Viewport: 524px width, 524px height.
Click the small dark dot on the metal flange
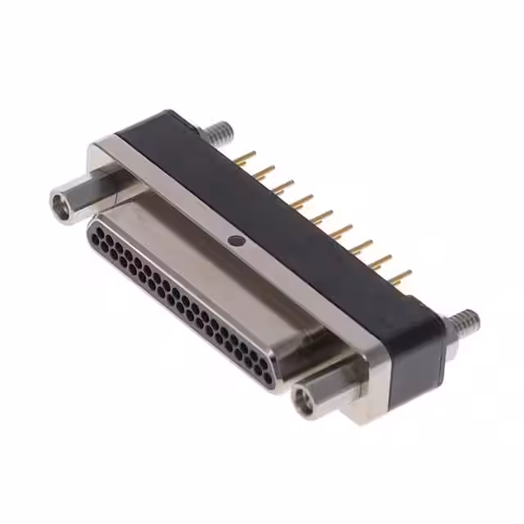click(x=236, y=241)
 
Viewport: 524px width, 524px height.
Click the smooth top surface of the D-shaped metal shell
click(x=205, y=262)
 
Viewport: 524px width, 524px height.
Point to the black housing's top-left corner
click(x=164, y=114)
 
